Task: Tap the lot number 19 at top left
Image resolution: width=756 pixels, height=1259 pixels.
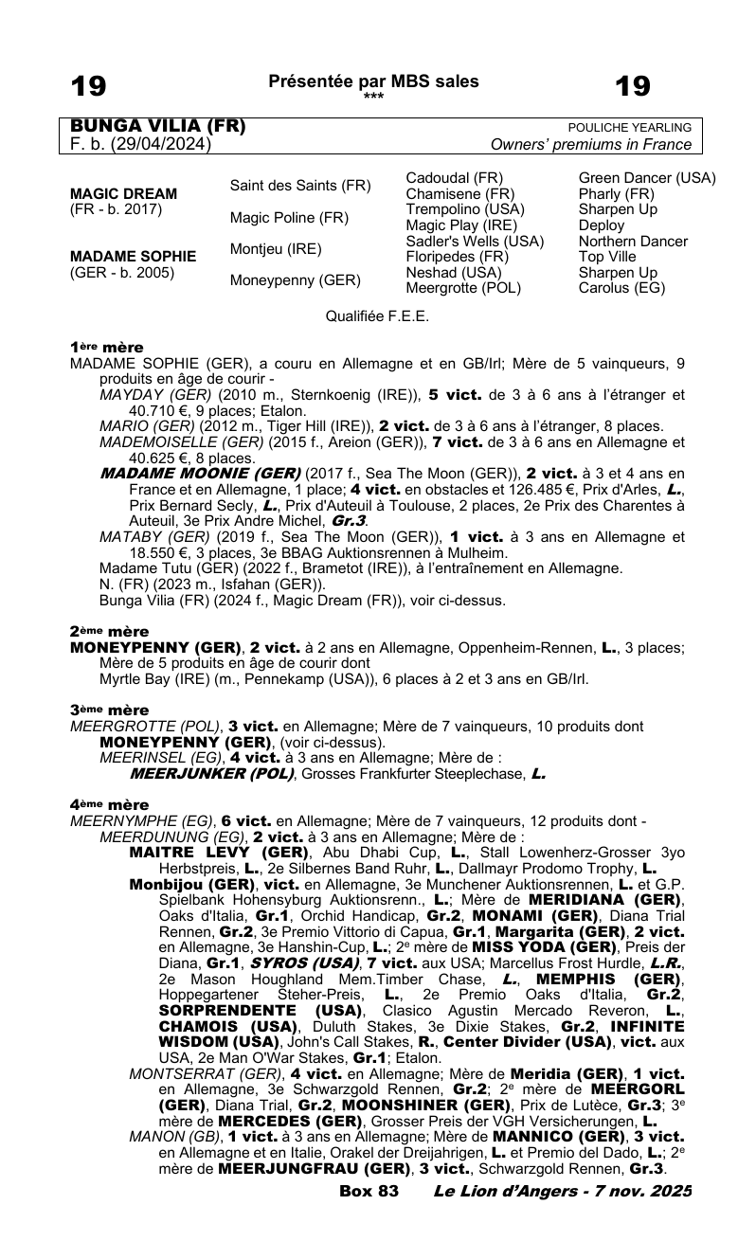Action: (89, 87)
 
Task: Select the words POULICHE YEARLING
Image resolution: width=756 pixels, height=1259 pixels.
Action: (629, 128)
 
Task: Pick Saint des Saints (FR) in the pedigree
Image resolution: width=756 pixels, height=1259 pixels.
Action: (300, 186)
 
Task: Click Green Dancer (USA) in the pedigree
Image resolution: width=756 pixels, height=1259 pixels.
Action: (647, 178)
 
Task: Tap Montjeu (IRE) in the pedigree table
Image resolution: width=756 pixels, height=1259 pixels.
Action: (276, 248)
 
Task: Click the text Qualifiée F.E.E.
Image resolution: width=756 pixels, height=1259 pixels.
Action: (377, 316)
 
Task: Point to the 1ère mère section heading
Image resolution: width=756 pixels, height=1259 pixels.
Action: (107, 348)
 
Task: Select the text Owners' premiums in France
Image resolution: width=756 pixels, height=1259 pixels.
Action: (591, 145)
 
